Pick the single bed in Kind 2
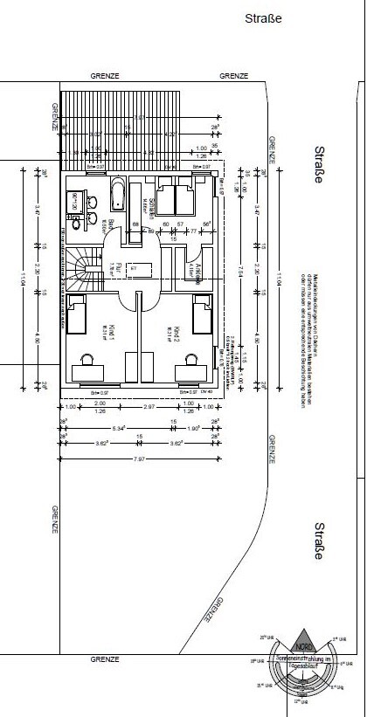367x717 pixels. click(x=203, y=317)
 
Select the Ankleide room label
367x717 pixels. click(x=198, y=272)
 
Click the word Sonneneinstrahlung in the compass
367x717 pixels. click(x=301, y=656)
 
